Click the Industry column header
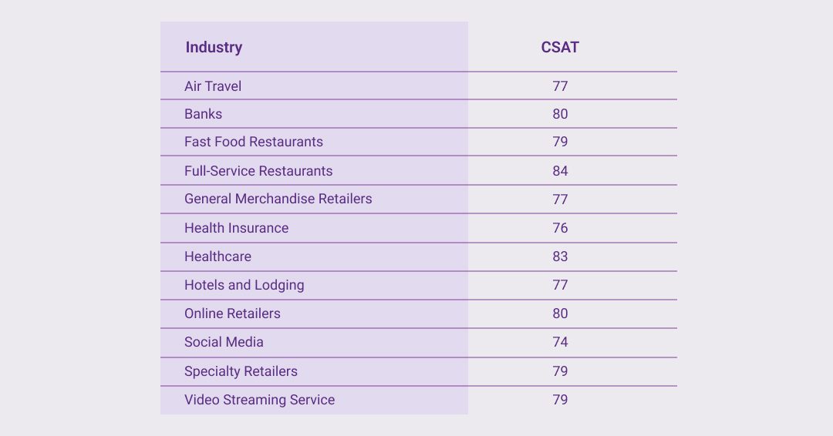tap(214, 47)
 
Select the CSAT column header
tap(560, 47)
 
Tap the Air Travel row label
tap(213, 86)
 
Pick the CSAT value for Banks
tap(560, 114)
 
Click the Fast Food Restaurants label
tap(254, 142)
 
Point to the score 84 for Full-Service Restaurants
tap(560, 171)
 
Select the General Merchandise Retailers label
tap(278, 199)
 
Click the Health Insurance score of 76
tap(560, 228)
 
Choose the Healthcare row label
tap(218, 257)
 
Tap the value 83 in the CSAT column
tap(560, 257)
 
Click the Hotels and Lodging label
tap(244, 285)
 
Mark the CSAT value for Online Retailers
tap(560, 314)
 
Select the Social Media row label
tap(224, 342)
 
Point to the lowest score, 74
tap(560, 342)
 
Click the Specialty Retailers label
tap(241, 371)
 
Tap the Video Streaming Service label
tap(259, 400)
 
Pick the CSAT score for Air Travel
tap(560, 86)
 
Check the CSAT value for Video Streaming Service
tap(560, 400)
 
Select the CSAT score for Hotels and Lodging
tap(560, 285)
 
